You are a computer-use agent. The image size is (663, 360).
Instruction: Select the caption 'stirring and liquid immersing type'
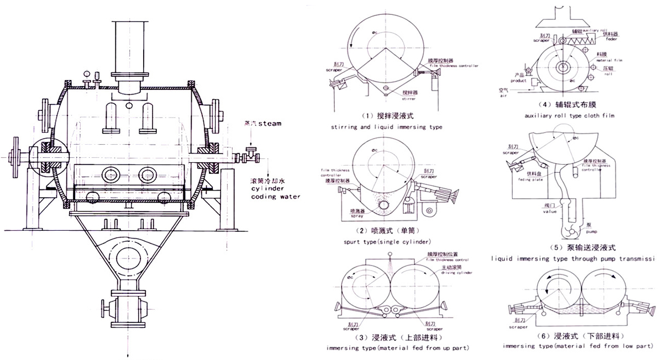[387, 127]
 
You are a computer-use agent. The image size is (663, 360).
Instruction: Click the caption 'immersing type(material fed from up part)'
[398, 349]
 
